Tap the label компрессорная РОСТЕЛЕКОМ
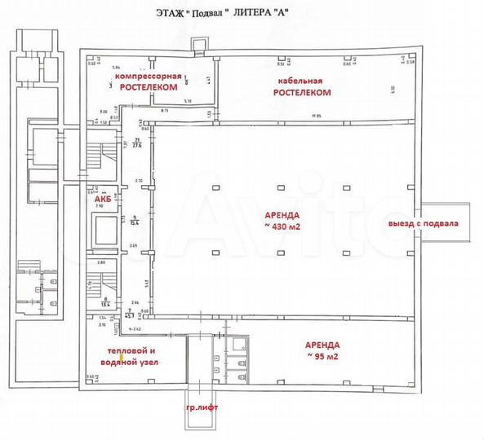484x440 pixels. pyautogui.click(x=149, y=80)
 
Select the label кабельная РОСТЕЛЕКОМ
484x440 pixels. pyautogui.click(x=302, y=87)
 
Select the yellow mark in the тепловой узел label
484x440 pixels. pyautogui.click(x=122, y=356)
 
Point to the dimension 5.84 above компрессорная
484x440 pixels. pyautogui.click(x=117, y=67)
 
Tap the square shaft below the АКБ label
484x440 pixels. pyautogui.click(x=106, y=232)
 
